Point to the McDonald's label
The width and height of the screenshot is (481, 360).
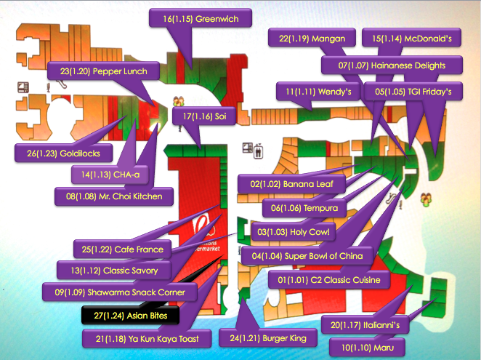[411, 38]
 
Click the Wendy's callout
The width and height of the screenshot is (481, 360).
[318, 92]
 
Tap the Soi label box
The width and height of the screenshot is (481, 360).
[205, 116]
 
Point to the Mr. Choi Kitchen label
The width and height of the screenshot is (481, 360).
[114, 196]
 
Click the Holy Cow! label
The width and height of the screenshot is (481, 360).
[294, 232]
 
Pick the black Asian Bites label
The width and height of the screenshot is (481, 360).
[125, 316]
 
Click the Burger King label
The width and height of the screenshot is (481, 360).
[267, 337]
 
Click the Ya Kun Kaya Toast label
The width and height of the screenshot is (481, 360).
[152, 338]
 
